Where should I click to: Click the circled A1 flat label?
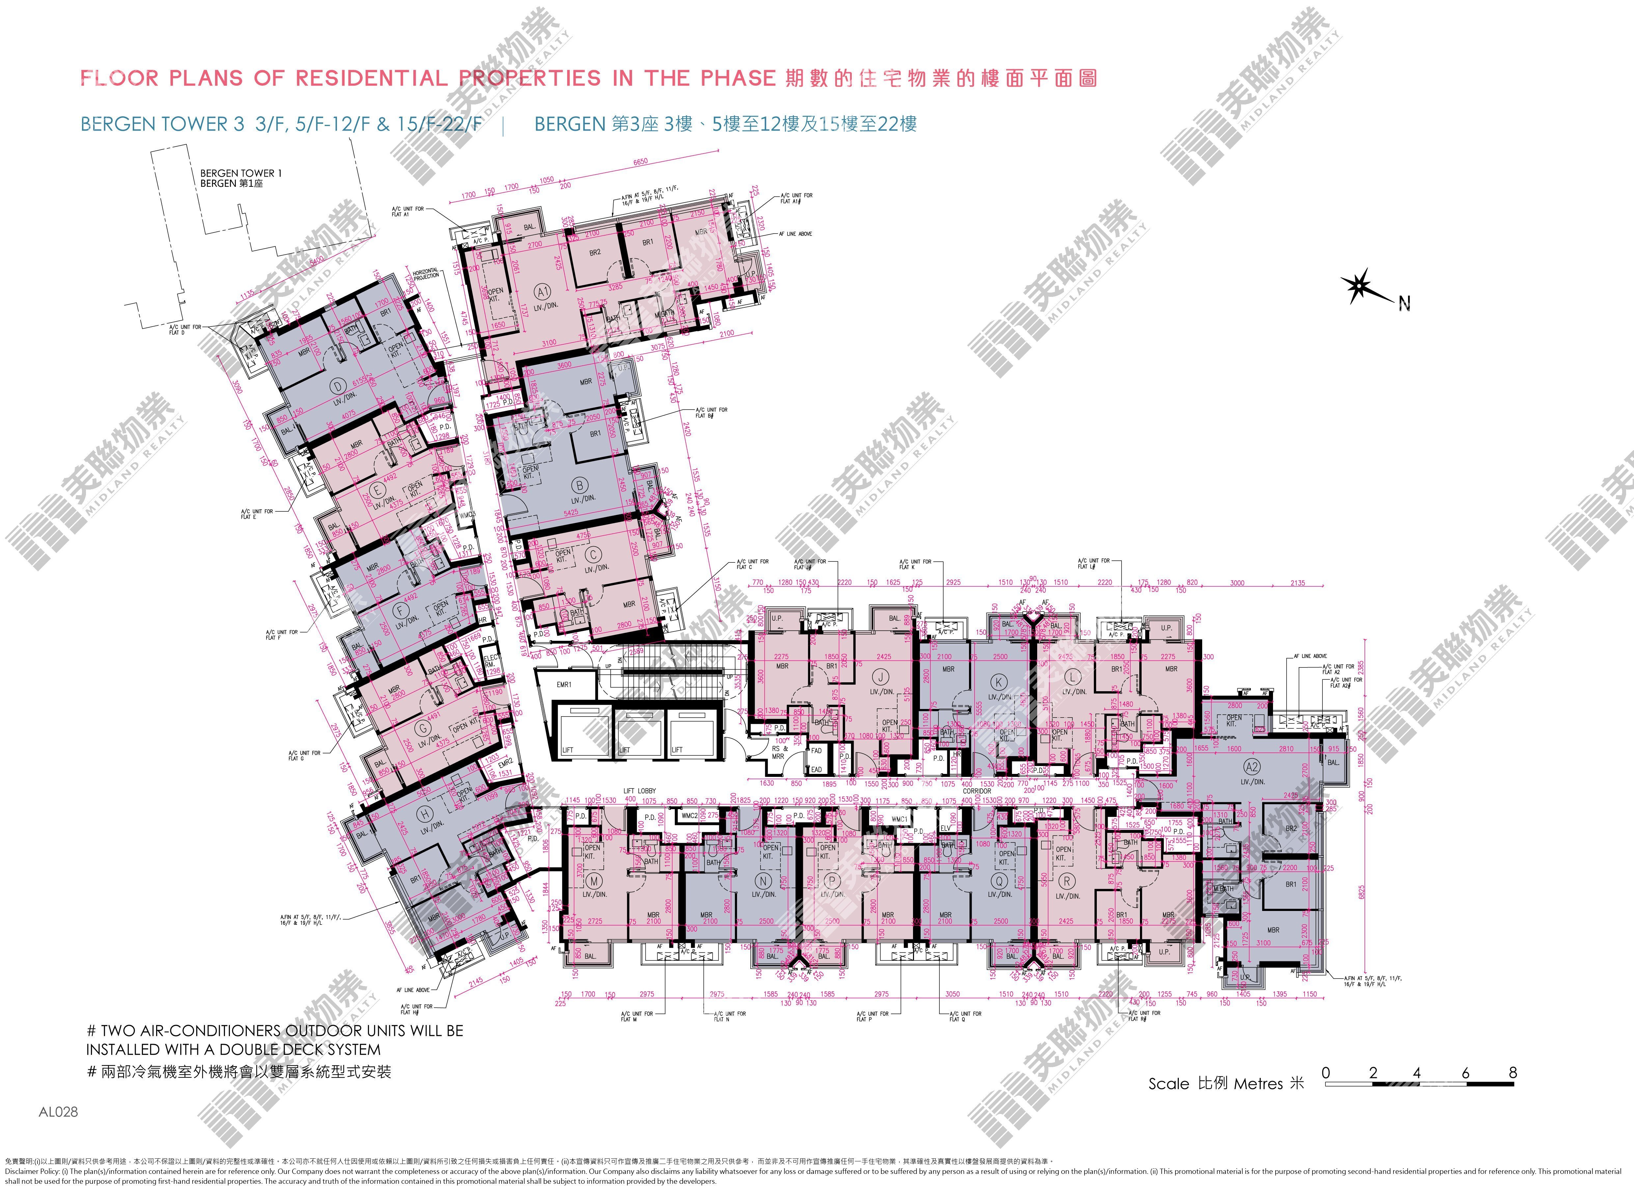point(542,292)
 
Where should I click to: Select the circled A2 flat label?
point(1252,767)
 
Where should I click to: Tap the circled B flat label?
point(579,485)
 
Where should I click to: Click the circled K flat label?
point(998,682)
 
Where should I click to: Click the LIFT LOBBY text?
point(640,791)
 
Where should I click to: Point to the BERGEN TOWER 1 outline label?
point(241,173)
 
